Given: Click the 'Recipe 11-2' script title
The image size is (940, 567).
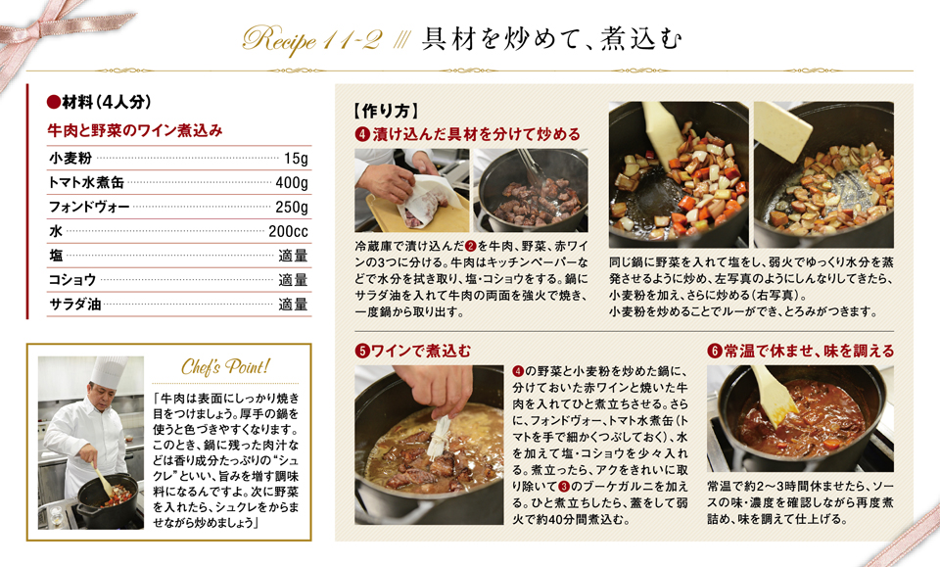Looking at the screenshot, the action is point(311,39).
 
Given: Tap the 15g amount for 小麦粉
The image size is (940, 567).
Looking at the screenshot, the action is point(296,159).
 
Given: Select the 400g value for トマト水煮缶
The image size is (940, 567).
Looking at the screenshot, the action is point(292,182).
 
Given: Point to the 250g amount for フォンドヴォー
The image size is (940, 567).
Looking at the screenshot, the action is point(292,207).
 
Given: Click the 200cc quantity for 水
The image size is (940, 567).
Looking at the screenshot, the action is point(288,231).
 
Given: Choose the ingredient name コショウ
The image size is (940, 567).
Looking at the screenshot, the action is point(71,280).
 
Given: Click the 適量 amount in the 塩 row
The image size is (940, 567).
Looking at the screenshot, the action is point(293,256).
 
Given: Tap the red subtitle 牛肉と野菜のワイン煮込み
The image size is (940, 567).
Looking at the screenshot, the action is point(135,130).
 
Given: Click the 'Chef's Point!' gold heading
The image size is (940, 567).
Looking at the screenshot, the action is point(225,367).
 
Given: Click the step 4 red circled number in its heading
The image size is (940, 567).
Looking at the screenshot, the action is point(362,134).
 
